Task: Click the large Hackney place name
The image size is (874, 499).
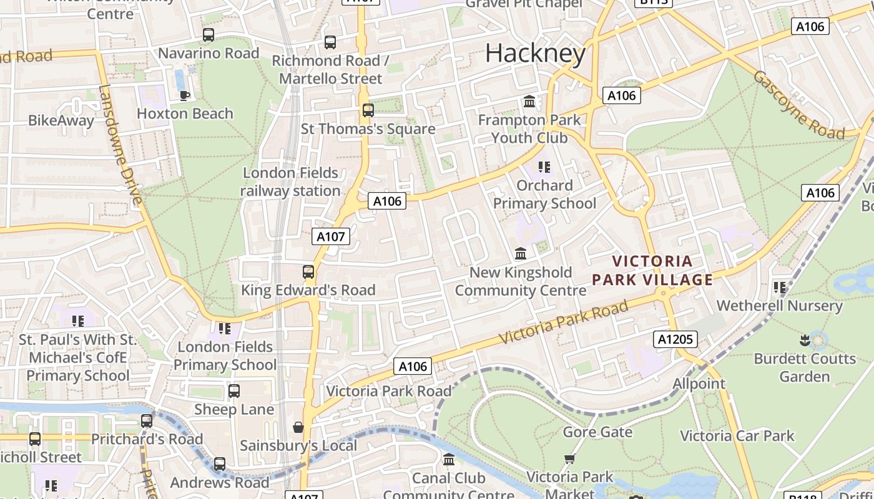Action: click(x=535, y=54)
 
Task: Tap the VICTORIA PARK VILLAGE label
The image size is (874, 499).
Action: click(x=652, y=271)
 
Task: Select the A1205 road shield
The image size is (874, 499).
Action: click(x=675, y=339)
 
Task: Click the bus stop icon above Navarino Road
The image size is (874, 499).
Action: click(x=209, y=35)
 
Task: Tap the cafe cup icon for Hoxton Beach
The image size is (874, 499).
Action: click(x=184, y=95)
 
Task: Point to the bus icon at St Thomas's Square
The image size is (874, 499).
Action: click(x=368, y=110)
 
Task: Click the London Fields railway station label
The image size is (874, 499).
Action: click(x=291, y=182)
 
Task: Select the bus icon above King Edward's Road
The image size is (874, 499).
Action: click(x=308, y=272)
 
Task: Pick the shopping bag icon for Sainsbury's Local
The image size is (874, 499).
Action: click(x=298, y=427)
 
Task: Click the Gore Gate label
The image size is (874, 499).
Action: click(x=597, y=432)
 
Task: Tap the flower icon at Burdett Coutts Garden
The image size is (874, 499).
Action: click(x=804, y=340)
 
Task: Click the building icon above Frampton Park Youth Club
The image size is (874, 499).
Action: click(x=529, y=101)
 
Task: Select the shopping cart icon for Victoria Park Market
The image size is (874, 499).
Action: click(x=569, y=459)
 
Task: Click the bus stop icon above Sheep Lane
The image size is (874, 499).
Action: click(x=234, y=391)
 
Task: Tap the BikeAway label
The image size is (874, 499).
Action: click(x=61, y=120)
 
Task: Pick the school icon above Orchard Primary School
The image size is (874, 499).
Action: click(x=544, y=167)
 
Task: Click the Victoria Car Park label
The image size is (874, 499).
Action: click(x=737, y=435)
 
